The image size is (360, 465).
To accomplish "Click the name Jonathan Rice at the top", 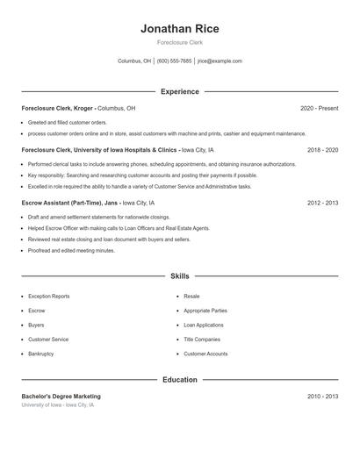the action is point(179,29).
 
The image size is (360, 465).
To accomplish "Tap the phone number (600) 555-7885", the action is point(174,61).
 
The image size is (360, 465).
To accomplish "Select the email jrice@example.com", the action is point(220,61).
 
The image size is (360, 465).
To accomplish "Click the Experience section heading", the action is point(179,91).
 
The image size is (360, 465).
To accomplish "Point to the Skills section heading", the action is point(179,275).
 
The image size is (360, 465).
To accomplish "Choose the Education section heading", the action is point(179,380).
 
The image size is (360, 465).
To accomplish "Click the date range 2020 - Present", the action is point(319,108).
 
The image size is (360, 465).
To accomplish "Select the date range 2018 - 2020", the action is point(322,150).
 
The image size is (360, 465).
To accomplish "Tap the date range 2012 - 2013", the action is point(322,202).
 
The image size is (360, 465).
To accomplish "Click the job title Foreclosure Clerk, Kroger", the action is point(58,108).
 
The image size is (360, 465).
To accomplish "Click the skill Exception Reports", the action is point(48,297).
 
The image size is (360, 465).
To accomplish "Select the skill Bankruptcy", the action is point(40,354).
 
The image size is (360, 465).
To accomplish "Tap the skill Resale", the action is point(191,297).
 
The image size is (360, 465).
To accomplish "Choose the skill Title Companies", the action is point(201,340).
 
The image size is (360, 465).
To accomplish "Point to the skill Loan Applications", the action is point(204,325).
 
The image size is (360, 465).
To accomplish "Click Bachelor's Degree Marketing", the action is point(61,397).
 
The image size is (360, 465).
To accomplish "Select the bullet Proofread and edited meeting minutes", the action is point(71,250).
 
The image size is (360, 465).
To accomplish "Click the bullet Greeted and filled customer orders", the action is point(67,122).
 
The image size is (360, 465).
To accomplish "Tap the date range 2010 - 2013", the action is point(322,397).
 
